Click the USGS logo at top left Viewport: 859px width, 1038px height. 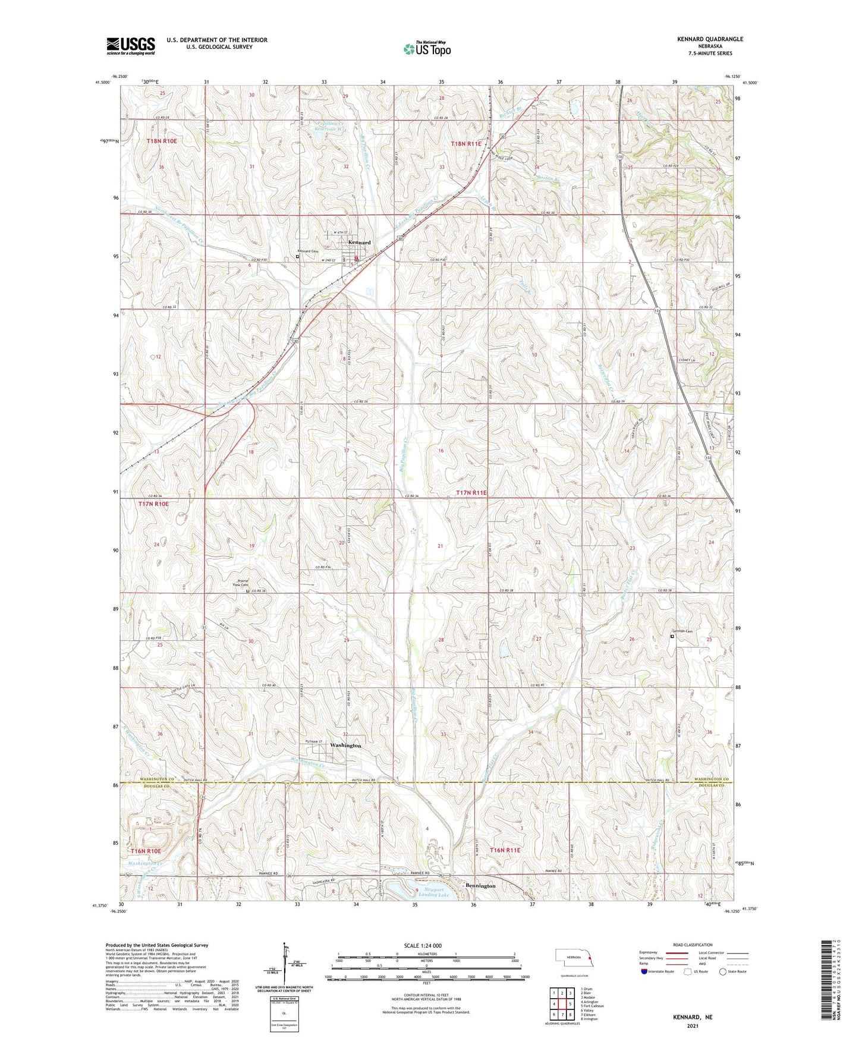tap(130, 46)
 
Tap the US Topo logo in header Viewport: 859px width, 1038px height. tap(427, 49)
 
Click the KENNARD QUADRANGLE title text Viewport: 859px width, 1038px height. tap(710, 39)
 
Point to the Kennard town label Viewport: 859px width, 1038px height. tap(359, 243)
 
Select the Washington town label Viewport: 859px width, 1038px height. tap(345, 746)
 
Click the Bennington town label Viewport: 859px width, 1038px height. tap(480, 886)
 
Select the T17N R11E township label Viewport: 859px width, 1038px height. tap(471, 493)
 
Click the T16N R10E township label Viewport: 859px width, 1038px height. tap(146, 851)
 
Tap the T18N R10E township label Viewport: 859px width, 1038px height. tap(162, 141)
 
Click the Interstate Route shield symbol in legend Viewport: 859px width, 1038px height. tap(644, 971)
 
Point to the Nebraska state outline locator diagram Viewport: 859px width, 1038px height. tap(573, 958)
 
